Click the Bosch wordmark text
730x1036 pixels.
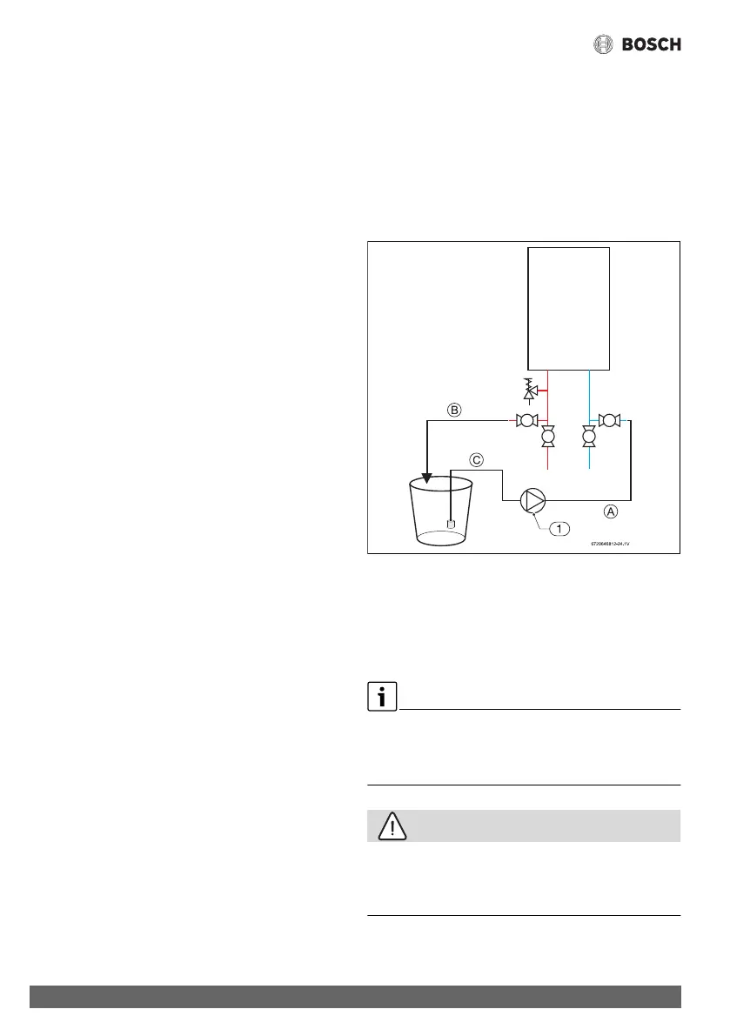651,44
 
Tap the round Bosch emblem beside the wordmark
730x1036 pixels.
604,44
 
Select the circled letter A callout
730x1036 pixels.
611,512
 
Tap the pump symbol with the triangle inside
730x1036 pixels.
532,500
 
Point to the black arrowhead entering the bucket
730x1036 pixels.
426,477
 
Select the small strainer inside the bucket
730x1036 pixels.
451,524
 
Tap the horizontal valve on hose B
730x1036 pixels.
526,421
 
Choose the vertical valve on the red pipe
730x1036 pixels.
548,437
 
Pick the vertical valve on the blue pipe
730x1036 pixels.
589,437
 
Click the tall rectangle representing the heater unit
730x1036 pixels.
569,307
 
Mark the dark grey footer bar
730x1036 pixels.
355,997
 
